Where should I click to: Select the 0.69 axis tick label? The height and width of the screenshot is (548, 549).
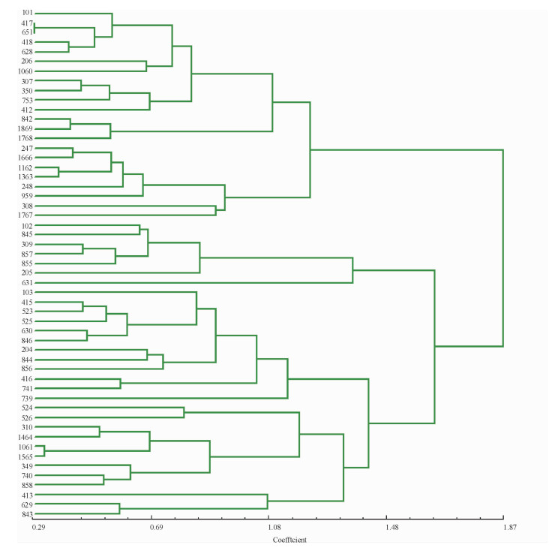(x=156, y=529)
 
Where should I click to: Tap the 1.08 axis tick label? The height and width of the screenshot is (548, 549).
(x=274, y=529)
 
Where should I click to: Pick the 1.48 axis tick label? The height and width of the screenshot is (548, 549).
(x=391, y=529)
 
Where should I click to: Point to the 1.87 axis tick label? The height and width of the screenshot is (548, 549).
(x=509, y=529)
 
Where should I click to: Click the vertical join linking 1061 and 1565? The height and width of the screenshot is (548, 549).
(x=44, y=451)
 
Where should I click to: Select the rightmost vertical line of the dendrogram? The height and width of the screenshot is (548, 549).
(x=502, y=248)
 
